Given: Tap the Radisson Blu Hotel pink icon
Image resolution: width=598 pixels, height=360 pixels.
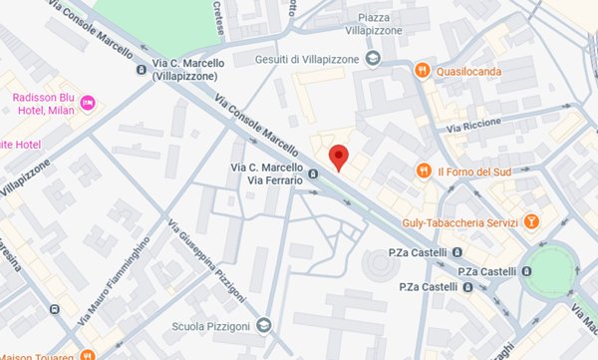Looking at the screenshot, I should [x=88, y=103].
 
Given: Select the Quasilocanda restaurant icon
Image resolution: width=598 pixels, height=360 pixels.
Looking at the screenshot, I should [x=424, y=71].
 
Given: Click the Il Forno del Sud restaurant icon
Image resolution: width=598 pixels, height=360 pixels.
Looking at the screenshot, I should [x=424, y=171].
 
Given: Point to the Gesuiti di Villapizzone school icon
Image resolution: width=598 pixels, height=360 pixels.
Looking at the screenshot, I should [x=373, y=58].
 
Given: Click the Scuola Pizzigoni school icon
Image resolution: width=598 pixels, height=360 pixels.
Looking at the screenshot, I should [x=263, y=324].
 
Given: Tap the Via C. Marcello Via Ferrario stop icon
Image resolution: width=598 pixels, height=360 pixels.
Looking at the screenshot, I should [x=313, y=173].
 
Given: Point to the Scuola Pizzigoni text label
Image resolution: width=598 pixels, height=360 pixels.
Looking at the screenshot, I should [x=210, y=325].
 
